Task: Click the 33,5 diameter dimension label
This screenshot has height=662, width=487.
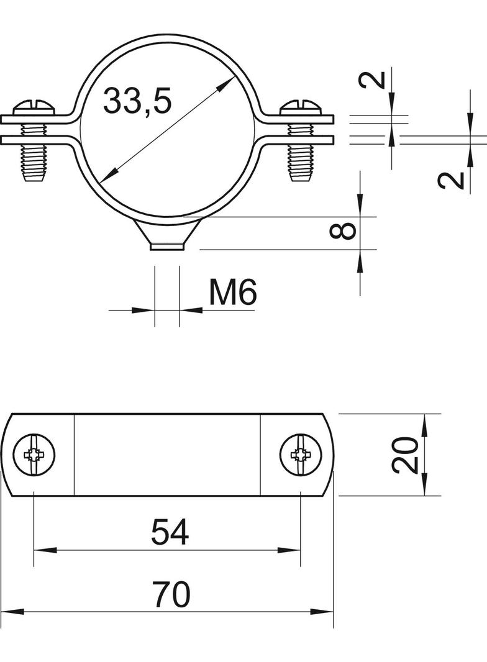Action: [x=137, y=101]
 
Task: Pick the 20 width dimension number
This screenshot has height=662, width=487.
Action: [x=405, y=455]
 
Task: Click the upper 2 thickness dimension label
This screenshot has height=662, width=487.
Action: [x=377, y=80]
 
